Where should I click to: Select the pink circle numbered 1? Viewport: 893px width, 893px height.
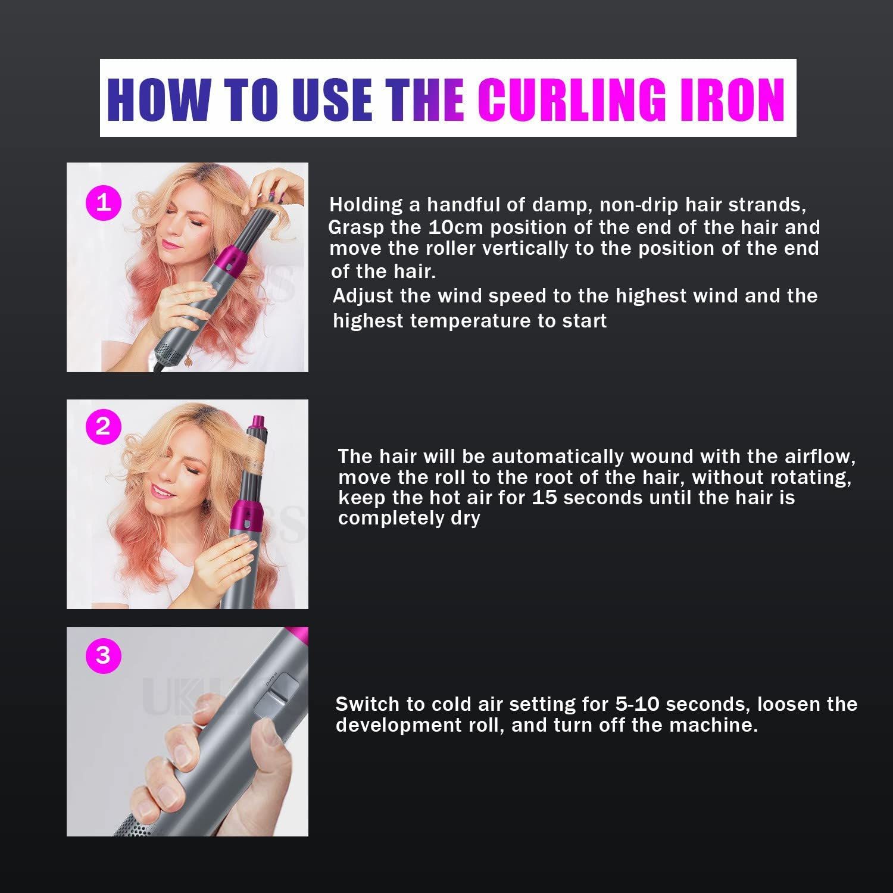[104, 203]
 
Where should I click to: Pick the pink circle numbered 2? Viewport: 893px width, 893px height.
[104, 427]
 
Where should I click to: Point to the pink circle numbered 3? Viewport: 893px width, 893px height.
[104, 655]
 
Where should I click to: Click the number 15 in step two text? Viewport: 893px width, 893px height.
[544, 497]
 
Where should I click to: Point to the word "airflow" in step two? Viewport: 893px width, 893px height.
[816, 457]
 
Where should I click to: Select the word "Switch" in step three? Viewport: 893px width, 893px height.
[368, 704]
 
